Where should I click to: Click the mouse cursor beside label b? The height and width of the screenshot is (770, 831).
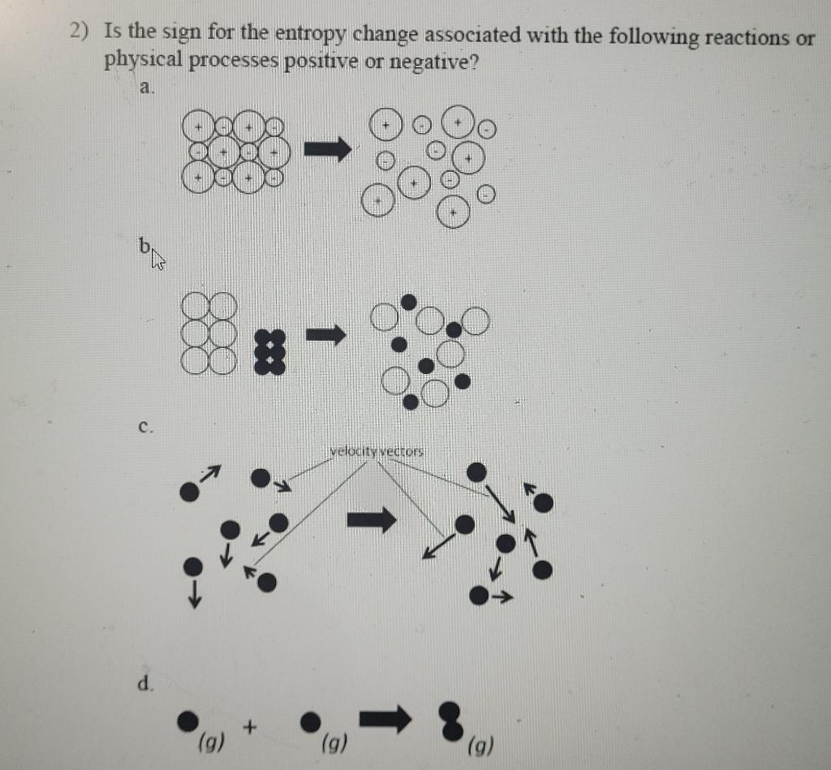point(157,260)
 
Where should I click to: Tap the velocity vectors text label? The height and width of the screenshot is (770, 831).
point(377,451)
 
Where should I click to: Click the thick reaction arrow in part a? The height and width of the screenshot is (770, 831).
point(327,148)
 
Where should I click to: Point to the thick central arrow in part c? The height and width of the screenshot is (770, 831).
point(372,518)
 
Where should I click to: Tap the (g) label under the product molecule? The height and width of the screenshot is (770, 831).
point(480,745)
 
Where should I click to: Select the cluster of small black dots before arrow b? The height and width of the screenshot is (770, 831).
point(269,351)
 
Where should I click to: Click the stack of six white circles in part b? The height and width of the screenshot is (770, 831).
point(209,333)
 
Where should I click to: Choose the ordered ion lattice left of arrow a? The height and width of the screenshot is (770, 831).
point(235,151)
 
